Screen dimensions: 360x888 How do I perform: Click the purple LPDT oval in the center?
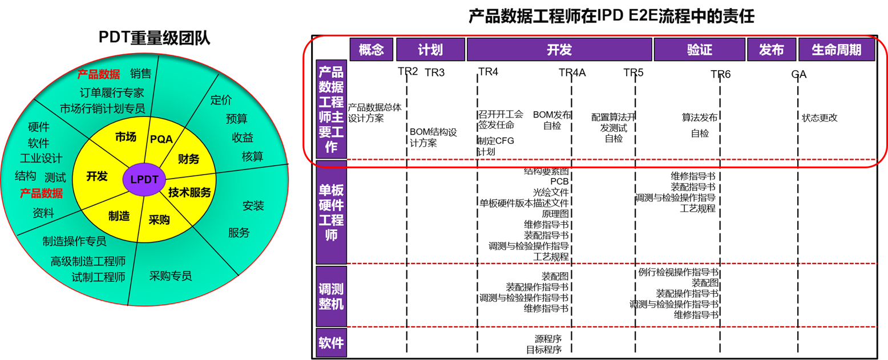tap(144, 179)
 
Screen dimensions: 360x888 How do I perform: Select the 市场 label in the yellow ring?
tap(126, 137)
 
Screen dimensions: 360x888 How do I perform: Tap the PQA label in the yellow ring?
tap(162, 139)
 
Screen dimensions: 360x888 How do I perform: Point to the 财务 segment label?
tap(188, 159)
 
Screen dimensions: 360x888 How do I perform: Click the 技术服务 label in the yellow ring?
tap(189, 192)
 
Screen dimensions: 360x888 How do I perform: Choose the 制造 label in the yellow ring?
tap(119, 216)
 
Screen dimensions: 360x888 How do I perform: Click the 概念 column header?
tap(371, 50)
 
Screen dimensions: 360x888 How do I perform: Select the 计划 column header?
tap(430, 50)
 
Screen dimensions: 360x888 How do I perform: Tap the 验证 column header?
tap(699, 50)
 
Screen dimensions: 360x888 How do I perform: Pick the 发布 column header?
tap(771, 50)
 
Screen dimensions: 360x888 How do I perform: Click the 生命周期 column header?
tap(837, 50)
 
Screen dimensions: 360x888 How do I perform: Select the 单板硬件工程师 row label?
tap(331, 212)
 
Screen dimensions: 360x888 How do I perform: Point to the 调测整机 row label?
tap(331, 296)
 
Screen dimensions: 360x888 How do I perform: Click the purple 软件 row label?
tap(331, 343)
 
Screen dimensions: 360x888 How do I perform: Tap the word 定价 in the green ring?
tap(221, 100)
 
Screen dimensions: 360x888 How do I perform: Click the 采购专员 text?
tap(171, 276)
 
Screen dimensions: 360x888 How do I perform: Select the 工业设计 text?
tap(41, 159)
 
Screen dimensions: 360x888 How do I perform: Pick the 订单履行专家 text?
tap(112, 92)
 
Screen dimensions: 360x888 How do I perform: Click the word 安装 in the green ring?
tap(253, 205)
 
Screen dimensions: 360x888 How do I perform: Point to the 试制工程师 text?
tap(98, 277)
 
